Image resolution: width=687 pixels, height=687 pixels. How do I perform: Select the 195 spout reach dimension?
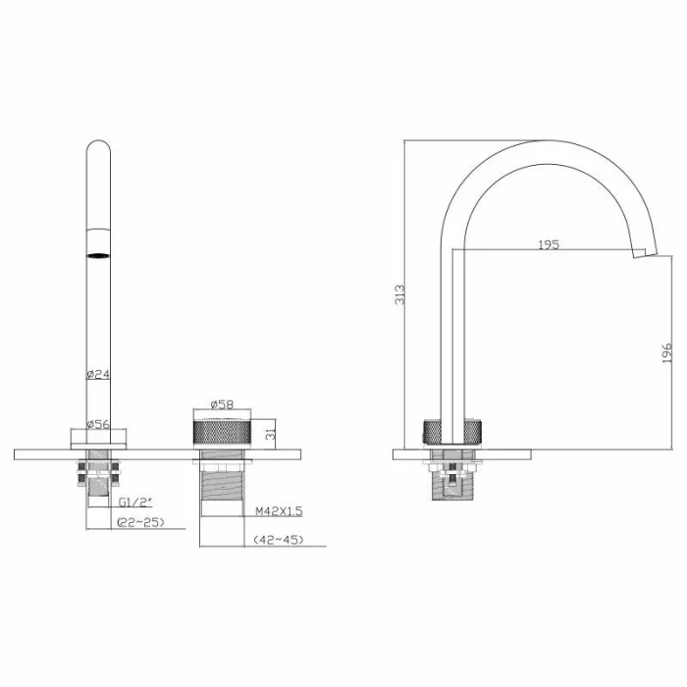point(548,244)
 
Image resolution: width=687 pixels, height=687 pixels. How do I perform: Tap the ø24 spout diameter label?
point(98,374)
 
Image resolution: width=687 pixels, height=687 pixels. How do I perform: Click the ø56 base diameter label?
point(98,424)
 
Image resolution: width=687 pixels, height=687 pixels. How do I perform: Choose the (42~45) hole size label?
point(278,540)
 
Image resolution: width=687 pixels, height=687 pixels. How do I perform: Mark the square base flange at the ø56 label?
point(98,439)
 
